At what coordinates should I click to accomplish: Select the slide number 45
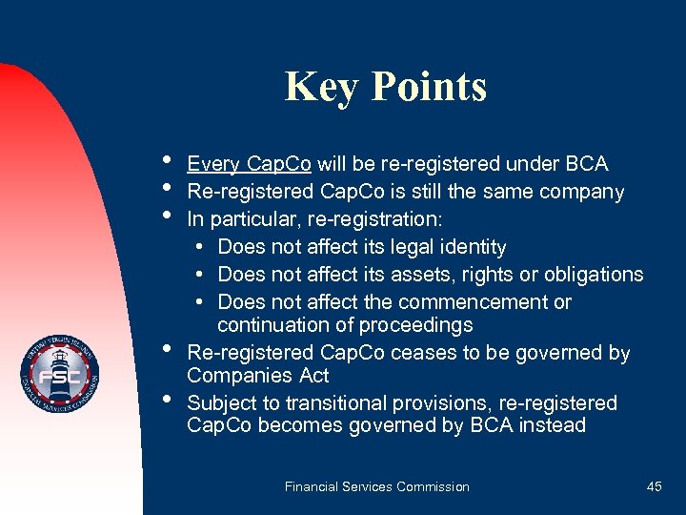click(654, 486)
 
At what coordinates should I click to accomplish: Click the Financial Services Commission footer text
click(376, 486)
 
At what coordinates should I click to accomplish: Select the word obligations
click(594, 275)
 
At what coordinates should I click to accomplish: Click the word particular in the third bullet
click(248, 219)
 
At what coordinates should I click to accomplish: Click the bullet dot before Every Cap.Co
click(167, 159)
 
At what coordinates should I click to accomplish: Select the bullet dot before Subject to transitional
click(167, 398)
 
